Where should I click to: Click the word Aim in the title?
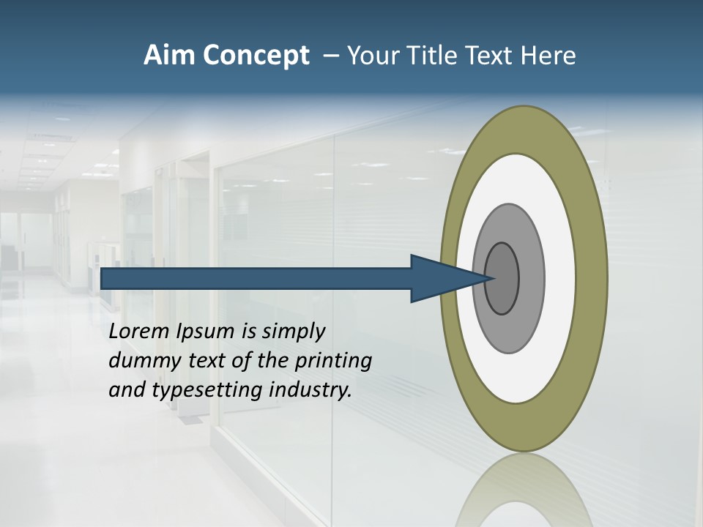click(168, 55)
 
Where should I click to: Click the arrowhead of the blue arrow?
click(439, 278)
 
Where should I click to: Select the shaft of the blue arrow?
click(256, 278)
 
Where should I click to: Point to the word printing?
click(333, 361)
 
